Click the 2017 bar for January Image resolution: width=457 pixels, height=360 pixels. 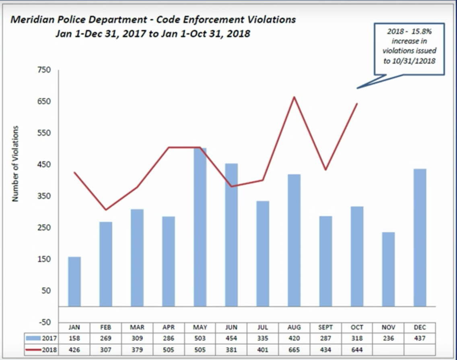pyautogui.click(x=74, y=281)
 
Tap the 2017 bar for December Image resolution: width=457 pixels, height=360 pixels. pyautogui.click(x=420, y=238)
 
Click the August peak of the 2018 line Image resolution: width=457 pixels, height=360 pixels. pyautogui.click(x=294, y=97)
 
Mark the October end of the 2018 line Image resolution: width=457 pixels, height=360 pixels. pyautogui.click(x=357, y=103)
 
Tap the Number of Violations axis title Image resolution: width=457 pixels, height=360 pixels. pyautogui.click(x=15, y=164)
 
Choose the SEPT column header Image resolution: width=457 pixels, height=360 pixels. pyautogui.click(x=325, y=327)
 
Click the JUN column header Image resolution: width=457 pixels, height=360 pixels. pyautogui.click(x=231, y=327)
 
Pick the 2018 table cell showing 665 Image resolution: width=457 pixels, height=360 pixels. pyautogui.click(x=294, y=350)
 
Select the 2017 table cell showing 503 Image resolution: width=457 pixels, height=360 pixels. pyautogui.click(x=200, y=339)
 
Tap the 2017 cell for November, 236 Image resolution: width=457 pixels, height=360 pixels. pyautogui.click(x=388, y=339)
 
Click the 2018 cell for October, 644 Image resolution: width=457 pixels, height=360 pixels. pyautogui.click(x=357, y=350)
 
